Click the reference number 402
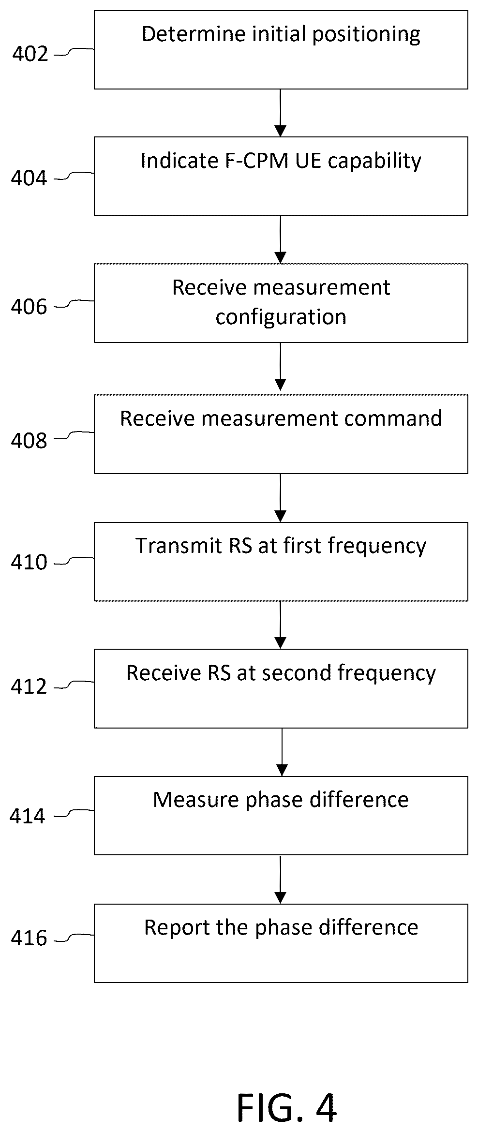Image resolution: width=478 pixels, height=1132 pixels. click(30, 54)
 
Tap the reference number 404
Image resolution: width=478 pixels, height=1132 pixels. click(30, 178)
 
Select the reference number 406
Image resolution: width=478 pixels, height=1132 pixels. click(30, 307)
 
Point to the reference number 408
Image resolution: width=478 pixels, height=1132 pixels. click(30, 441)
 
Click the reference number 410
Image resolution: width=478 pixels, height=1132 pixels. click(30, 562)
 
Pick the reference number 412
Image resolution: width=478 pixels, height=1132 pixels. click(30, 686)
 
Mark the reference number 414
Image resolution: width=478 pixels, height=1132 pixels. click(28, 816)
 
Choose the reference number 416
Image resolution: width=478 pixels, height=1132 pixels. click(30, 938)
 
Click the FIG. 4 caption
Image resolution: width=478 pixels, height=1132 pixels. click(287, 1094)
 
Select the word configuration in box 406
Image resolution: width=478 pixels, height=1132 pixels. click(281, 317)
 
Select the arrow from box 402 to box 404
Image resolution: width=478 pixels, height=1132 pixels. click(281, 113)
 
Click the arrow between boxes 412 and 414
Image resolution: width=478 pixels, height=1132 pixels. click(282, 752)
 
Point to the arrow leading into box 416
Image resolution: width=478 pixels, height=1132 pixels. click(281, 879)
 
